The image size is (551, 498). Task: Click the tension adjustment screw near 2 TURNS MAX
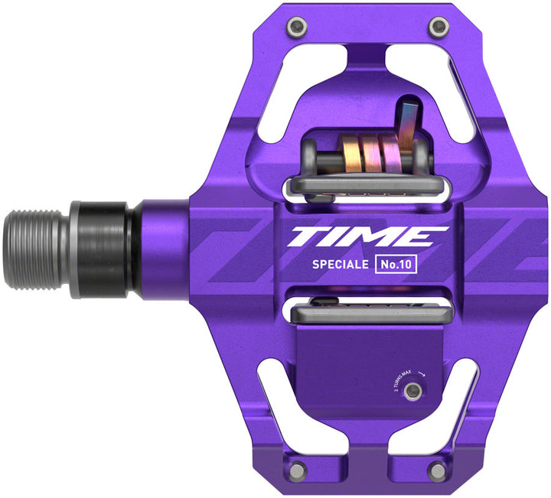[x=413, y=391]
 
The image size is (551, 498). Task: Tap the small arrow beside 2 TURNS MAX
[x=422, y=366]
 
